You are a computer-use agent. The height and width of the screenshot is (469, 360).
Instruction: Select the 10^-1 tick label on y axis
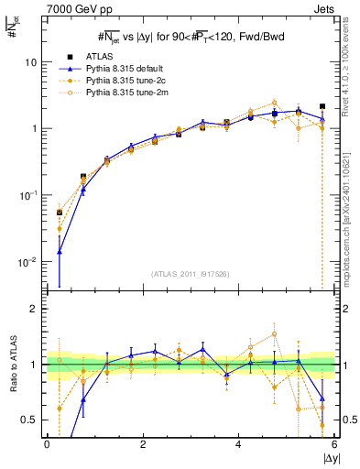click(28, 195)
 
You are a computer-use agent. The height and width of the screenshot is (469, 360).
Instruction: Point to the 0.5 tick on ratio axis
click(30, 420)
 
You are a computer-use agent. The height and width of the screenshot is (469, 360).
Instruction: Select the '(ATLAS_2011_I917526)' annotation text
click(190, 274)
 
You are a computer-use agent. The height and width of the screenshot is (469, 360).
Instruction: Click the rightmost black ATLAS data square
click(322, 106)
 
